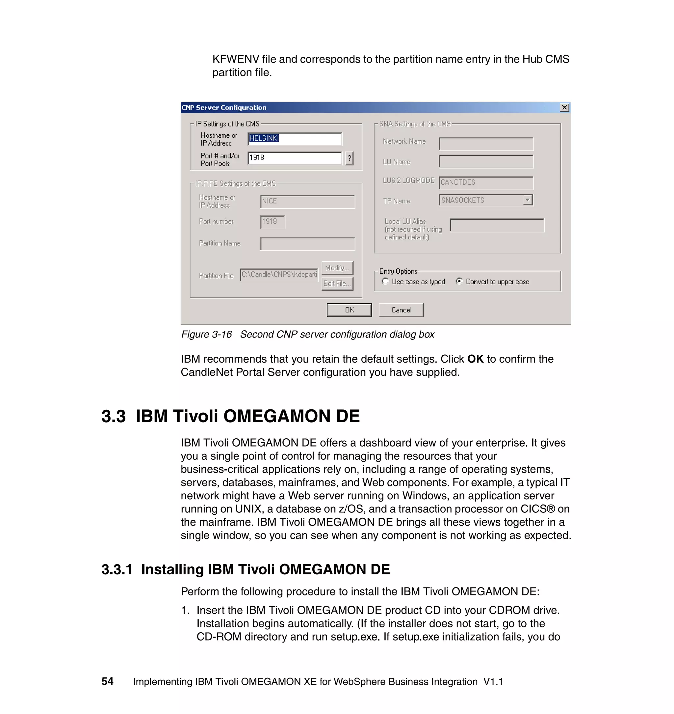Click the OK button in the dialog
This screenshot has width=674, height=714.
click(349, 310)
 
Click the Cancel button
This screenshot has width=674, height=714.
click(401, 310)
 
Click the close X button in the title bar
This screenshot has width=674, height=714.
click(564, 107)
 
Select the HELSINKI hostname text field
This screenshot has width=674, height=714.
click(295, 139)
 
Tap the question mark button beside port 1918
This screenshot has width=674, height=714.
click(349, 158)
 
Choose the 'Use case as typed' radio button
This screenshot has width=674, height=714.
click(385, 281)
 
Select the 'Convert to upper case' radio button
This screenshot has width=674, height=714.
click(459, 281)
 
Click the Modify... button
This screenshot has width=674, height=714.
click(337, 268)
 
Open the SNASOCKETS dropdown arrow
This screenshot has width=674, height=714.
click(528, 200)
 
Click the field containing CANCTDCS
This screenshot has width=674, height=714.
click(486, 183)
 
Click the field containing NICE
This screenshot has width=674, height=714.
click(307, 201)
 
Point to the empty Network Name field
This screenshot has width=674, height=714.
click(486, 144)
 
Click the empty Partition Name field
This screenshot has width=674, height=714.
click(307, 244)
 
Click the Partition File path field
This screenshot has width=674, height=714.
click(279, 275)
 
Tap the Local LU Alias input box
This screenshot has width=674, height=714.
click(497, 225)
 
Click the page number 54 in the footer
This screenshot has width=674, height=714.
click(107, 681)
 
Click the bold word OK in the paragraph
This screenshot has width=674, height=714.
click(475, 359)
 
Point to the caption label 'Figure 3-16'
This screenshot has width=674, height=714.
click(206, 334)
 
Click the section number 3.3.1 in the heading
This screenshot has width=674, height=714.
click(117, 569)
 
